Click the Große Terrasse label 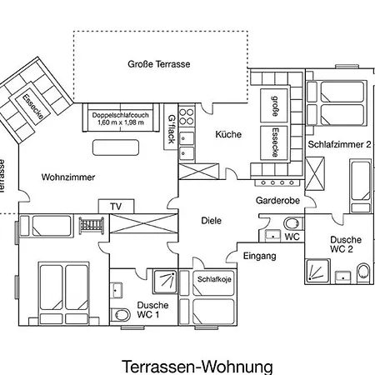tap(159, 64)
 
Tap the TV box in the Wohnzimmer tap(116, 207)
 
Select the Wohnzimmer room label tap(68, 177)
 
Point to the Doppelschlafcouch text tap(121, 115)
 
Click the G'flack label tap(172, 129)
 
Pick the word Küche tap(228, 134)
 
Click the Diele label tap(212, 221)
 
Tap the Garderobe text tap(277, 200)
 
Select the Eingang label tap(260, 256)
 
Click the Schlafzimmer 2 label tap(339, 144)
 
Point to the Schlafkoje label tap(214, 279)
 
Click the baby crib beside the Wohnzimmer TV tap(92, 225)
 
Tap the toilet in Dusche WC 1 tap(121, 315)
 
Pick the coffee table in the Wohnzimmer tap(116, 147)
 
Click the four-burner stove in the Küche tap(187, 117)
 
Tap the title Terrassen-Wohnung tap(197, 367)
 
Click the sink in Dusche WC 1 tap(116, 290)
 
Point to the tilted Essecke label tap(32, 107)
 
